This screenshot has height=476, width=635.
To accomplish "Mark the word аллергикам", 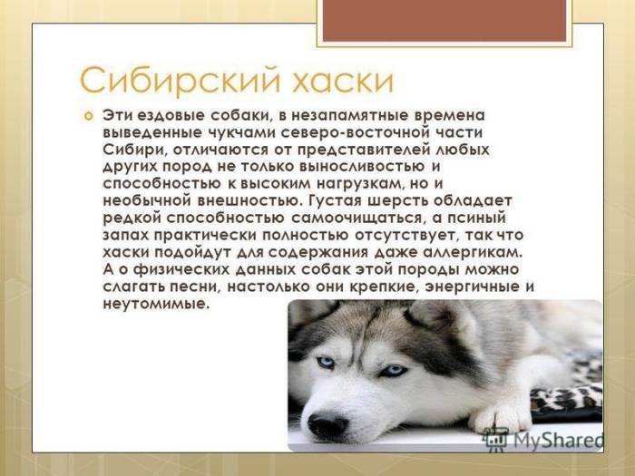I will pyautogui.click(x=477, y=251).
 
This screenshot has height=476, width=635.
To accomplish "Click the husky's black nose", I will pyautogui.click(x=327, y=423).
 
